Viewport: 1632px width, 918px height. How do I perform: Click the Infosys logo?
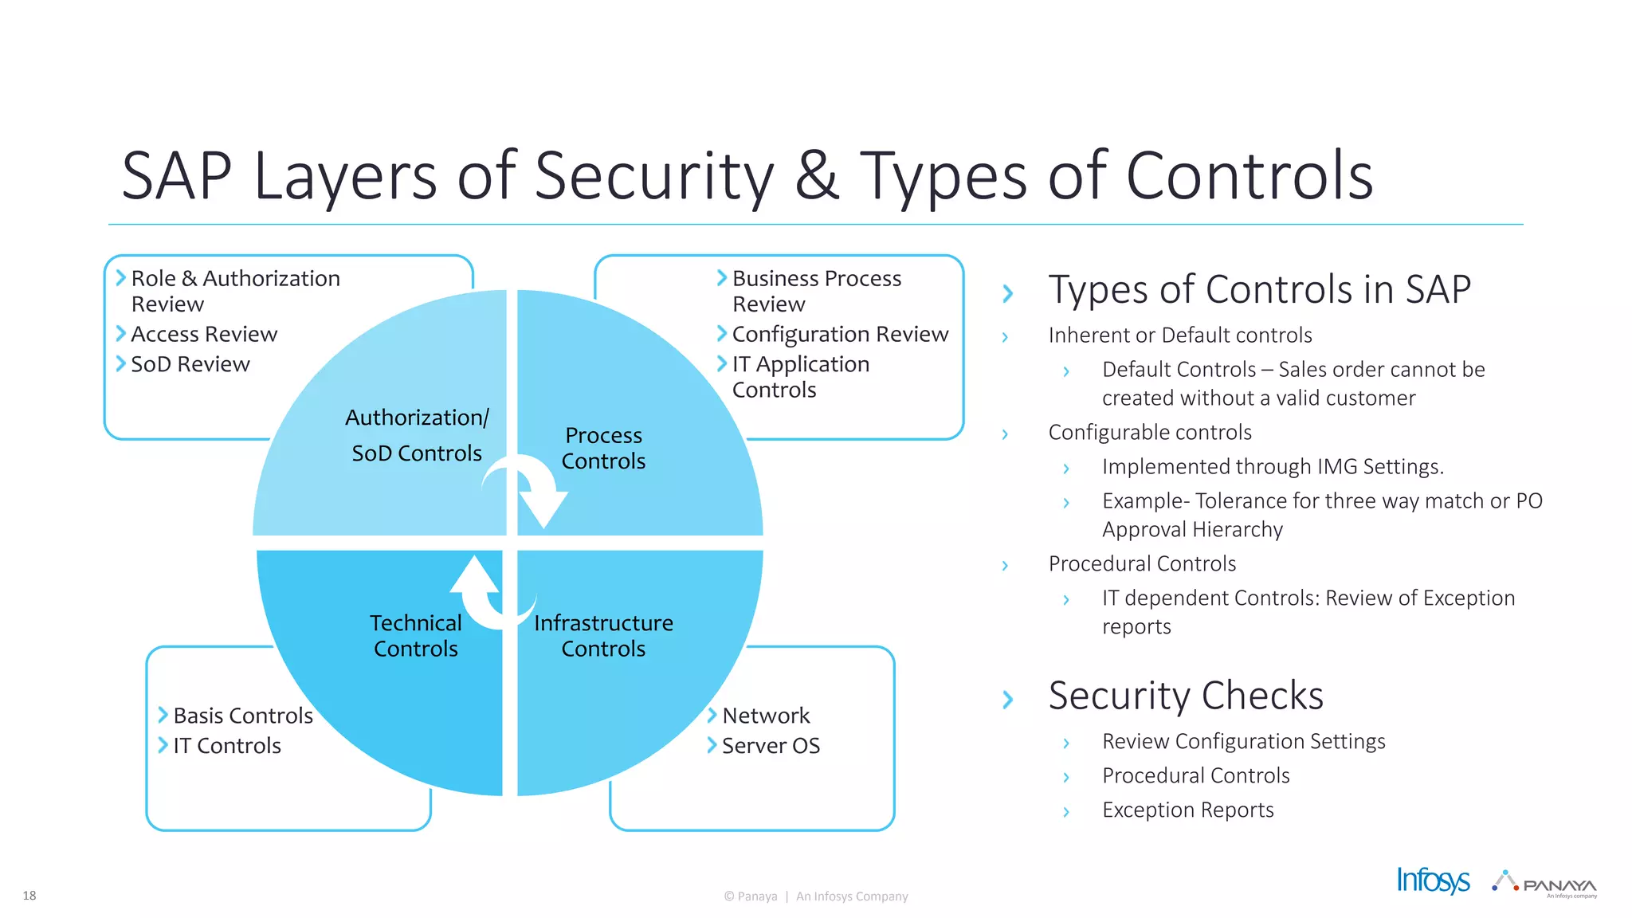tap(1433, 881)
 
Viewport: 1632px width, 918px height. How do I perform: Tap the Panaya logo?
tap(1545, 884)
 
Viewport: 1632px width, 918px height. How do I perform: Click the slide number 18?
tap(29, 896)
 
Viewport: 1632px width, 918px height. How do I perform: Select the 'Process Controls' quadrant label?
tap(603, 448)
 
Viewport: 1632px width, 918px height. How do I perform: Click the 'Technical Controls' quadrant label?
tap(415, 636)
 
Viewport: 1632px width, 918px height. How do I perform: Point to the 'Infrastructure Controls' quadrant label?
tap(603, 636)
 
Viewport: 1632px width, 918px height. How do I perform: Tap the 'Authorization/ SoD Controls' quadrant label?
tap(417, 435)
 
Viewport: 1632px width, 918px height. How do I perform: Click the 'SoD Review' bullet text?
tap(190, 364)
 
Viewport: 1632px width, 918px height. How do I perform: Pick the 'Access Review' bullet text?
tap(204, 334)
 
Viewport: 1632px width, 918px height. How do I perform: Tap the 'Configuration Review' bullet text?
tap(840, 334)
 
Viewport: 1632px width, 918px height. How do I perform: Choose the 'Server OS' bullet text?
tap(771, 746)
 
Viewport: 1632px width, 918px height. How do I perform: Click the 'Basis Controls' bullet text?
tap(243, 716)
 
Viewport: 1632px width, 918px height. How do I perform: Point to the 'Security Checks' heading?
tap(1186, 696)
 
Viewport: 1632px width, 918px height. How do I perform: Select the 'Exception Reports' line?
tap(1187, 810)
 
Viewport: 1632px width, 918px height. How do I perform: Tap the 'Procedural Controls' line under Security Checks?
tap(1195, 775)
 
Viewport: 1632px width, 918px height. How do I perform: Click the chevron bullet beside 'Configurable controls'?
tap(1005, 434)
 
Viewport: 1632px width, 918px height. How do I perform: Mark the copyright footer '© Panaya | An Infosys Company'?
tap(816, 896)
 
